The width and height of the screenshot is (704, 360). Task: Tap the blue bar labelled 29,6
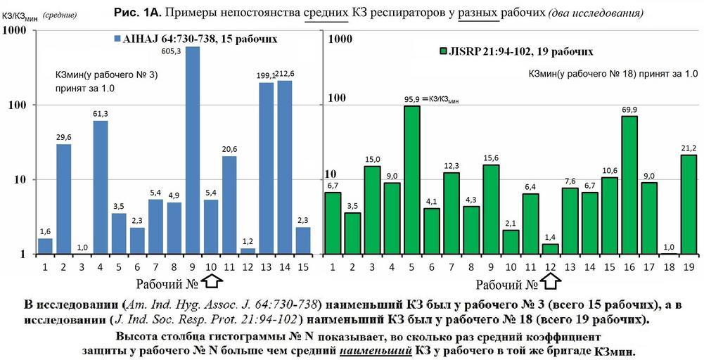[64, 199]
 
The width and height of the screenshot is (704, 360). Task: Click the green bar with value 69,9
[629, 184]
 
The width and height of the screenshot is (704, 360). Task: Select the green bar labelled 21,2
[689, 204]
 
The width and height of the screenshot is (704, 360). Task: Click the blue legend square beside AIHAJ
[117, 39]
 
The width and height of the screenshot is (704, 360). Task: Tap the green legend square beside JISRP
[443, 51]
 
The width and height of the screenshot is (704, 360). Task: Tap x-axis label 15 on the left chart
[302, 267]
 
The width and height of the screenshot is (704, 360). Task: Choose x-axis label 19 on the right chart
[689, 267]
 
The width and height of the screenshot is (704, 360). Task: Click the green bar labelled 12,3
[452, 213]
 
